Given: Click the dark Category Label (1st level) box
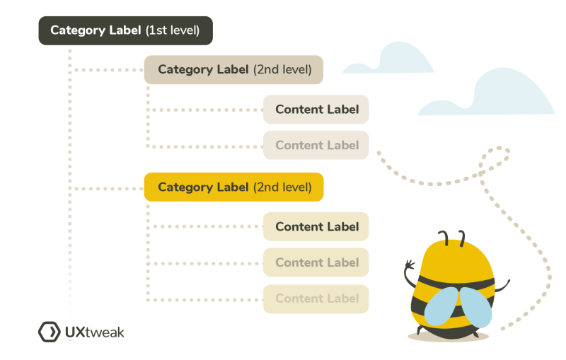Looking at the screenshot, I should pos(125,31).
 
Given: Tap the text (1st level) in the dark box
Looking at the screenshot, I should pos(173,31).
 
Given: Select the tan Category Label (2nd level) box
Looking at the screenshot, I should pos(234,69).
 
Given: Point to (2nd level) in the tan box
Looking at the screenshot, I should pos(282,69).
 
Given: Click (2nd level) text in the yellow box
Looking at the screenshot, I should pos(282,187).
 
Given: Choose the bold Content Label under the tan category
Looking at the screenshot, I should pos(316,110).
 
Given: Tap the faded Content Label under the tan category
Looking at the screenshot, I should pos(316,145).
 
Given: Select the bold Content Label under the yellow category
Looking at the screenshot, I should pos(316,227).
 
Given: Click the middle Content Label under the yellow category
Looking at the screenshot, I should pos(316,262).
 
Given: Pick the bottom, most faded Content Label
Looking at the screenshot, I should pos(316,298).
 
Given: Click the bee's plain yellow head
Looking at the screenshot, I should pos(453,258).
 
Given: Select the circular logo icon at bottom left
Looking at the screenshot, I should pos(48,332).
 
